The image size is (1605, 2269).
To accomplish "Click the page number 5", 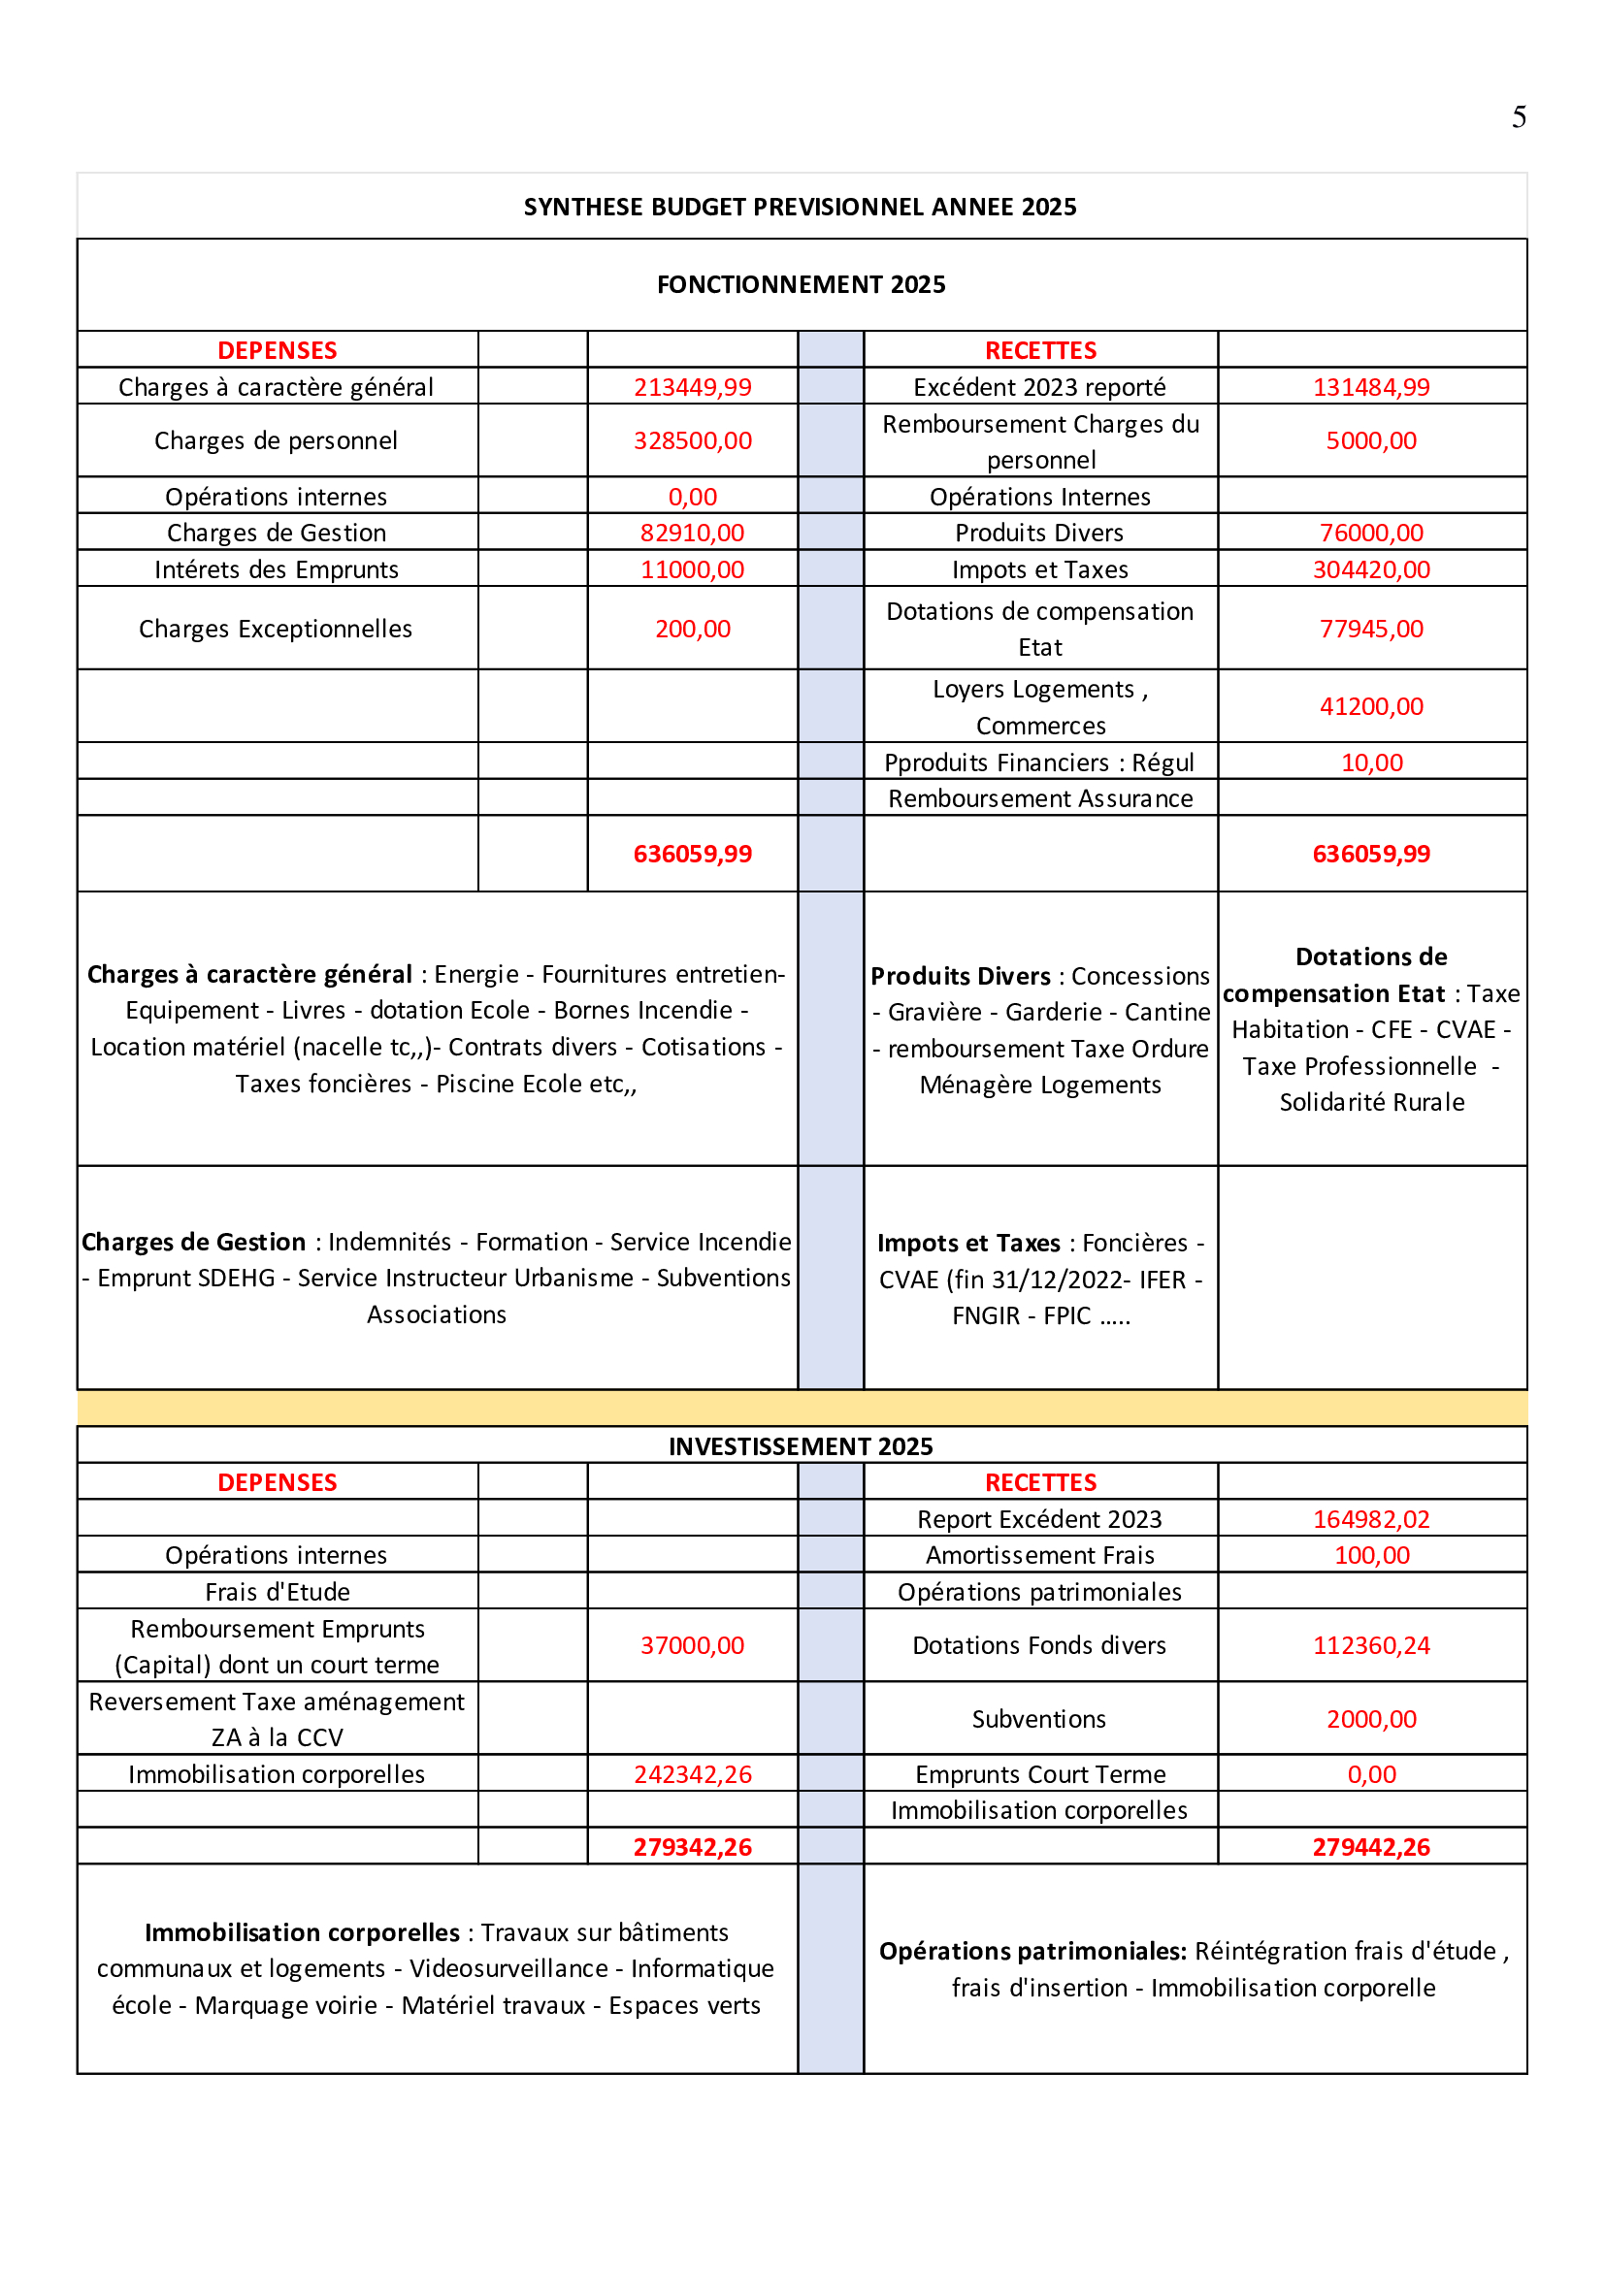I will [1518, 117].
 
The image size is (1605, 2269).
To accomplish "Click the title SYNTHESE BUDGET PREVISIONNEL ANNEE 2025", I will [800, 207].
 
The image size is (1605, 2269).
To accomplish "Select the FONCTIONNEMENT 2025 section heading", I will [801, 284].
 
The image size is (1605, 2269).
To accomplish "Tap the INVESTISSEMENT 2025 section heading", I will [801, 1445].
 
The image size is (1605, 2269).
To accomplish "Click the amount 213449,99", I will [692, 387].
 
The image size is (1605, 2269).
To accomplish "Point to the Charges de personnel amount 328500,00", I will [692, 440].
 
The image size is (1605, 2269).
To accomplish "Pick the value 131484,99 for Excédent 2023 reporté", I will [1371, 387].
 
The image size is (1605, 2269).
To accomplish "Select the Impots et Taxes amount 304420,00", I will [1371, 569].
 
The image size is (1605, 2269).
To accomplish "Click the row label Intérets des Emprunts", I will [277, 569].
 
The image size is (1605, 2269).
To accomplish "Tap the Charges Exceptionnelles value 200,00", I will [692, 629].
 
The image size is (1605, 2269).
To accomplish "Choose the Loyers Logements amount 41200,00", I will [1371, 706].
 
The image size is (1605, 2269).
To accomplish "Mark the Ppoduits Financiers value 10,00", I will [1371, 762].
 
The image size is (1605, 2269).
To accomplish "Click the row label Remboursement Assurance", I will [1039, 798].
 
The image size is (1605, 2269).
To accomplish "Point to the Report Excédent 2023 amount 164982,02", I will [1371, 1519].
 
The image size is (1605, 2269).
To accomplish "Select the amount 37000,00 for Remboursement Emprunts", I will [692, 1645].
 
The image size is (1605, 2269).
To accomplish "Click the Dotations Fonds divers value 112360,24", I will [1371, 1645].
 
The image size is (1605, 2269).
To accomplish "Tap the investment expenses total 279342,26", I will [692, 1847].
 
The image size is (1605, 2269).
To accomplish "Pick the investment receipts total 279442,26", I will [1371, 1847].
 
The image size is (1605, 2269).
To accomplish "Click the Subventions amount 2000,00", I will [1371, 1719].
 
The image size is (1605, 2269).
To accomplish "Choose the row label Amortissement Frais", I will [1039, 1555].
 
